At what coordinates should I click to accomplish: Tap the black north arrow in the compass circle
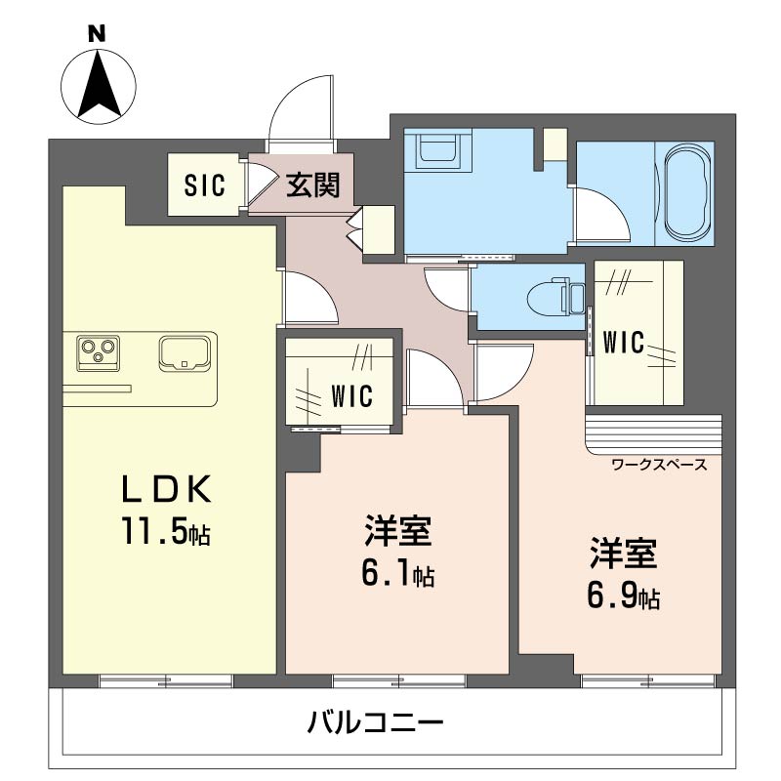click(x=100, y=84)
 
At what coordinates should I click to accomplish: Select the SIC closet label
click(x=205, y=185)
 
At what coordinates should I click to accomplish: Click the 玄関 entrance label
click(x=312, y=185)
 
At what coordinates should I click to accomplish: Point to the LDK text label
click(x=167, y=489)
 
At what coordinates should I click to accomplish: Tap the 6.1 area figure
click(x=386, y=573)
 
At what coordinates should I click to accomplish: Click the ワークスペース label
click(x=659, y=465)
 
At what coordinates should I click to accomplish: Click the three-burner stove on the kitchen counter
click(x=99, y=352)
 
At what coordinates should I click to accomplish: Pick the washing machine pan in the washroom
click(x=437, y=149)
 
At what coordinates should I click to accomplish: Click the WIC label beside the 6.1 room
click(x=351, y=396)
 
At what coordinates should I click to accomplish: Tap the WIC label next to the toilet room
click(x=623, y=343)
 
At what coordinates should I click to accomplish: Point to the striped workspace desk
click(x=653, y=434)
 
